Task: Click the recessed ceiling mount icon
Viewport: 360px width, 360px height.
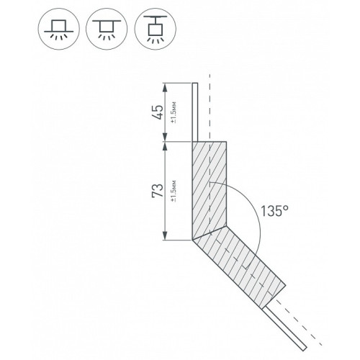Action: [58, 29]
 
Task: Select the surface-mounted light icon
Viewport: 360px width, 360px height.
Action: [107, 29]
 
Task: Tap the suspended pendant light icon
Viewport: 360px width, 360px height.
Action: [155, 29]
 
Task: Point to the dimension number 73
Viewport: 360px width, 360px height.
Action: [157, 191]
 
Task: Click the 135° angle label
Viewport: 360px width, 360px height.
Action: [274, 211]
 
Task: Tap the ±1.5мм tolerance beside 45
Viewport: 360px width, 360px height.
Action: [174, 112]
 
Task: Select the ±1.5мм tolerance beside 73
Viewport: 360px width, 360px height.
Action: [174, 191]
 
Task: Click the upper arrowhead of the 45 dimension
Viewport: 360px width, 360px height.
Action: [165, 87]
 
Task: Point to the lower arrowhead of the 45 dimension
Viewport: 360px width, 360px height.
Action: [165, 138]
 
